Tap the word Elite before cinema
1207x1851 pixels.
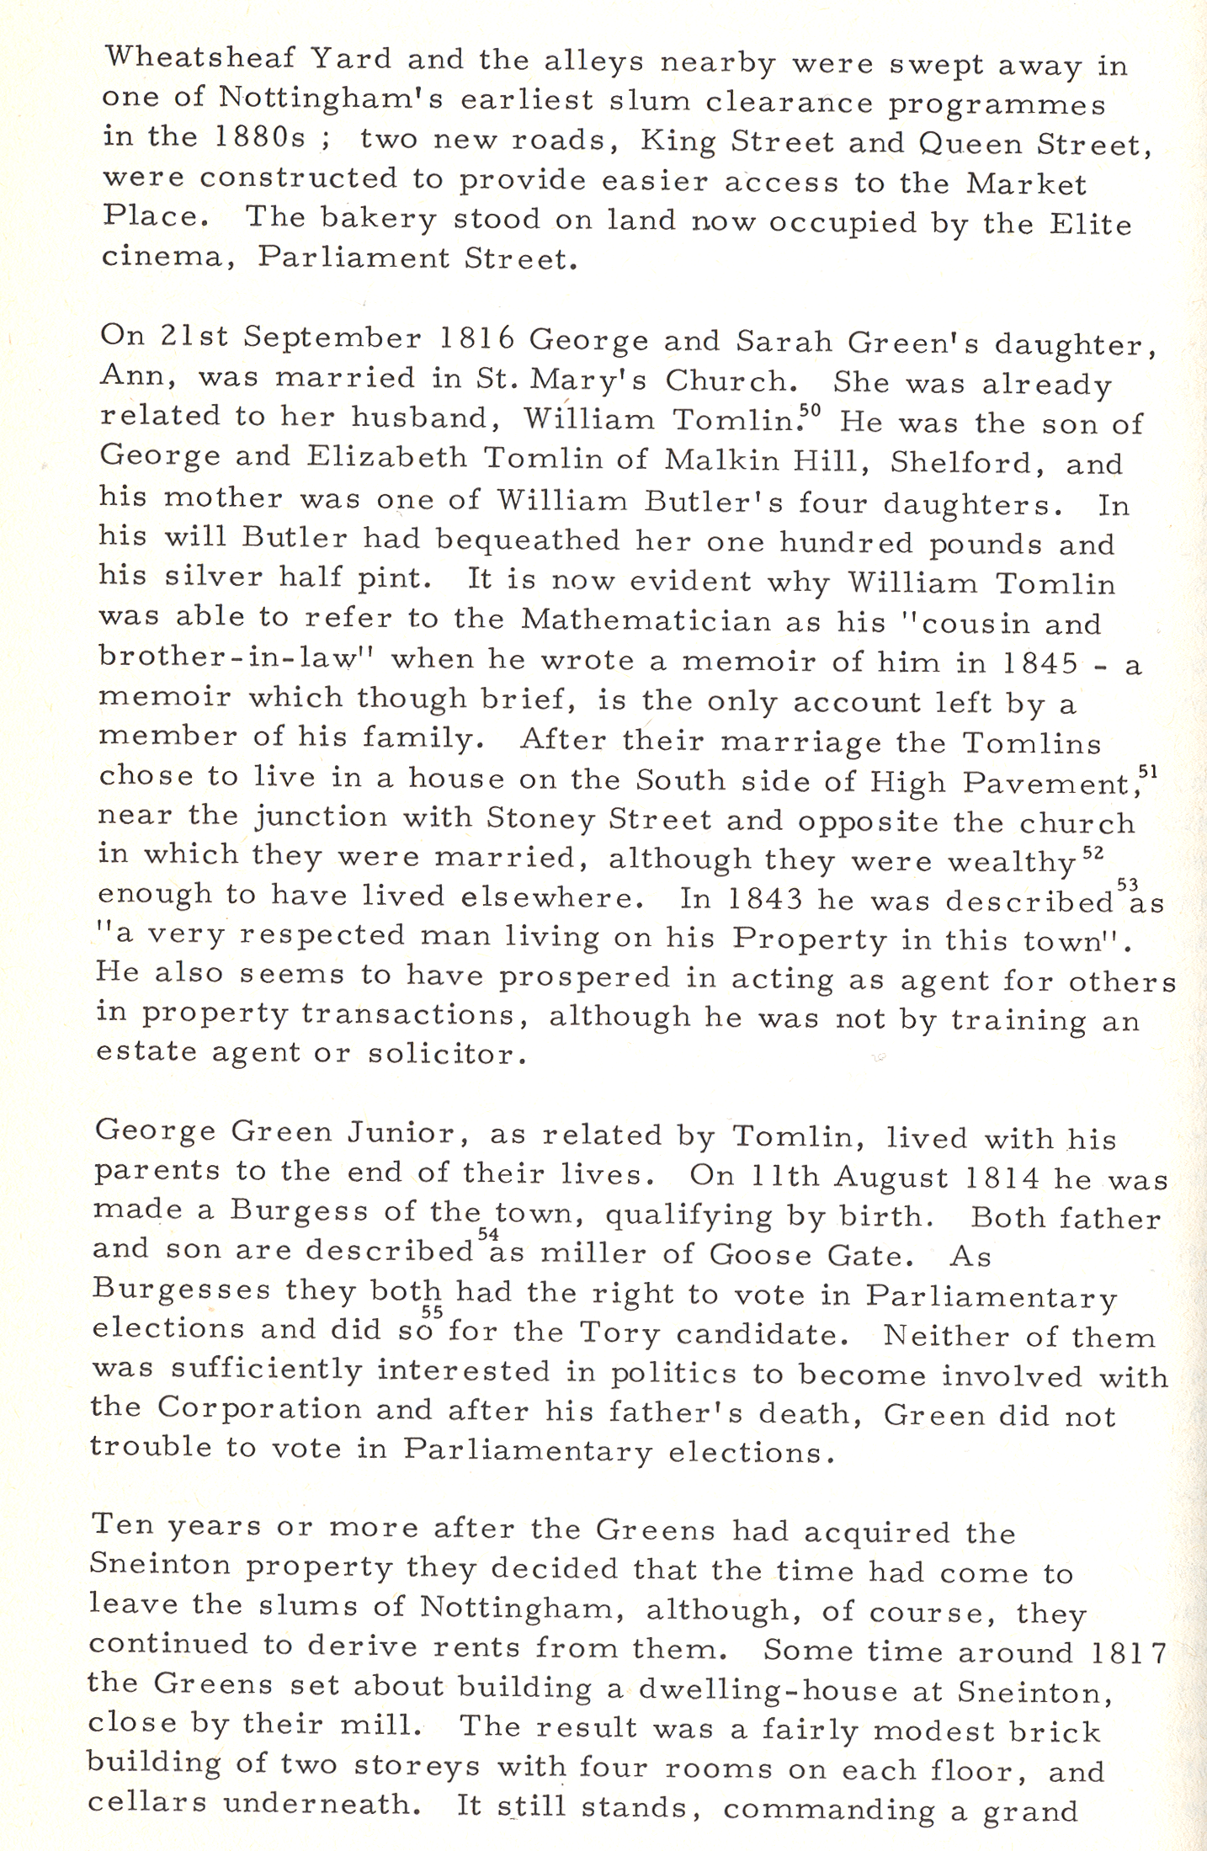click(x=1090, y=224)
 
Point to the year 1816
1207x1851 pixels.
click(x=477, y=338)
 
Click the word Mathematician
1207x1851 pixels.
click(x=646, y=620)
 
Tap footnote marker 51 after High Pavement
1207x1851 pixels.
click(x=1148, y=770)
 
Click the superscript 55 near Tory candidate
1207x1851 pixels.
click(x=432, y=1311)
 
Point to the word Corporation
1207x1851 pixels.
click(x=260, y=1408)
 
